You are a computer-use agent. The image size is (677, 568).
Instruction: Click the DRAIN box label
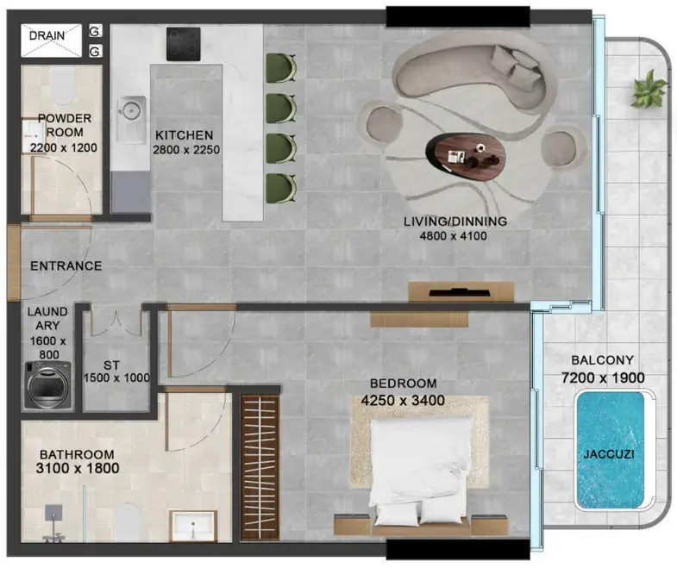pos(47,35)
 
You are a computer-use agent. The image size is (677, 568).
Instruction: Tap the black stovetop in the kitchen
pos(184,44)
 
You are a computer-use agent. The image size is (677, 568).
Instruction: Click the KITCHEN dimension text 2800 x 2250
pos(186,150)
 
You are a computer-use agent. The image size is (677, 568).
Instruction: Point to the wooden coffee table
pos(466,154)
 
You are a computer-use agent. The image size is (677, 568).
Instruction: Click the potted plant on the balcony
pos(648,90)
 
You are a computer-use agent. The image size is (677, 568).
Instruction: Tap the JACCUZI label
pos(609,454)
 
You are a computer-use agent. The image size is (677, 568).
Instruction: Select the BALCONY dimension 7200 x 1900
pos(603,378)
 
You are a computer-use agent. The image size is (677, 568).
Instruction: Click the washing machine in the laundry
pos(48,384)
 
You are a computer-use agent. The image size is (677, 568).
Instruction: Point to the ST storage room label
pos(111,365)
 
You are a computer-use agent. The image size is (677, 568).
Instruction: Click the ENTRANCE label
pos(66,265)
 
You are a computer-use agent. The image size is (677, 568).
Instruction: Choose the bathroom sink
pos(193,525)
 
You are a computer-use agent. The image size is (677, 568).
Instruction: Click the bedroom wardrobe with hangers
pos(260,467)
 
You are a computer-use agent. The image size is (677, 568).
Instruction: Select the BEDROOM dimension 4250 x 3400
pos(403,401)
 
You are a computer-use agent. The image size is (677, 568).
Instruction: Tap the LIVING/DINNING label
pos(455,222)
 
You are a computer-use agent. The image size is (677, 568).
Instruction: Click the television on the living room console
pos(460,293)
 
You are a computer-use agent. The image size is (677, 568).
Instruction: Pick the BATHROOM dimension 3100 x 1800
pos(78,468)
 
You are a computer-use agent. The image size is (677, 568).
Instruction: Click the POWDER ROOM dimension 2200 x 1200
pos(64,147)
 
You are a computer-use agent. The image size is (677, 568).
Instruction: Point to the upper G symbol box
pos(96,31)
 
